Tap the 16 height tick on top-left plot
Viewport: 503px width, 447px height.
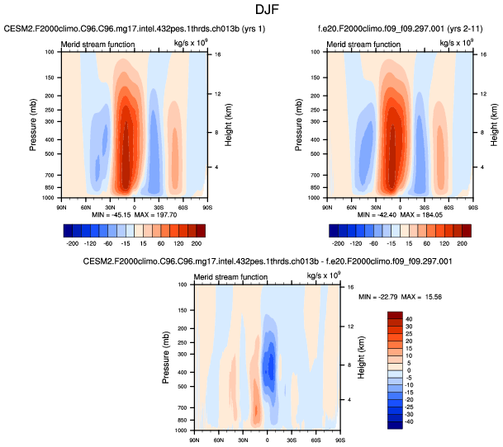[213, 55]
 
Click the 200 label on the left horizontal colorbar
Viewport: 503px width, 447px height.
[195, 245]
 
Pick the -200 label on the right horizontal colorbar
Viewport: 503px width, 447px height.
[338, 245]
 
